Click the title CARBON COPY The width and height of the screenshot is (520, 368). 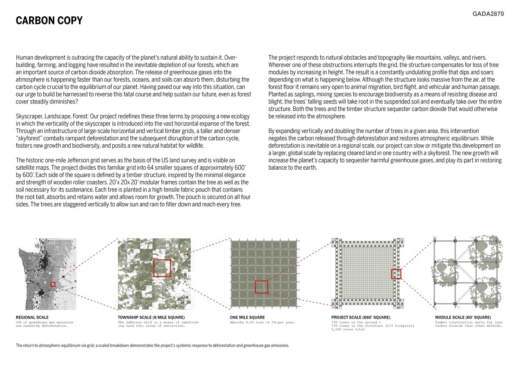[x=49, y=21]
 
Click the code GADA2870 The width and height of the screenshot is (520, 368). [x=488, y=14]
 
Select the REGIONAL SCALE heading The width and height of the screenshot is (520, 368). [x=32, y=317]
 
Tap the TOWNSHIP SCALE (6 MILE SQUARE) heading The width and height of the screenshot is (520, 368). [x=151, y=317]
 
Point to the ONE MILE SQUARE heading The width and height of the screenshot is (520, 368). [x=247, y=317]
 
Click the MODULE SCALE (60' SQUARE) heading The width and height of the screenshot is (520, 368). [x=463, y=317]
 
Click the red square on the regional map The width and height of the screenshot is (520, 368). [x=53, y=284]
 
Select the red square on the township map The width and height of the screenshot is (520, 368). [x=162, y=268]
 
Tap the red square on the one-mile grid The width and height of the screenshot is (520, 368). [x=261, y=287]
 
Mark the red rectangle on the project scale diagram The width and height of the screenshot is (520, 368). [x=396, y=274]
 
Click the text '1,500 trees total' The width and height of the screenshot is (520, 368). [x=348, y=330]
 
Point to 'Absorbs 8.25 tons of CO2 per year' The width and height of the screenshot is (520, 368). [x=262, y=322]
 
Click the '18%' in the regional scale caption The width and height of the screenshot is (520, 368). [x=19, y=322]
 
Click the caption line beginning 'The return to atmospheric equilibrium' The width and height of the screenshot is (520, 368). [x=152, y=346]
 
